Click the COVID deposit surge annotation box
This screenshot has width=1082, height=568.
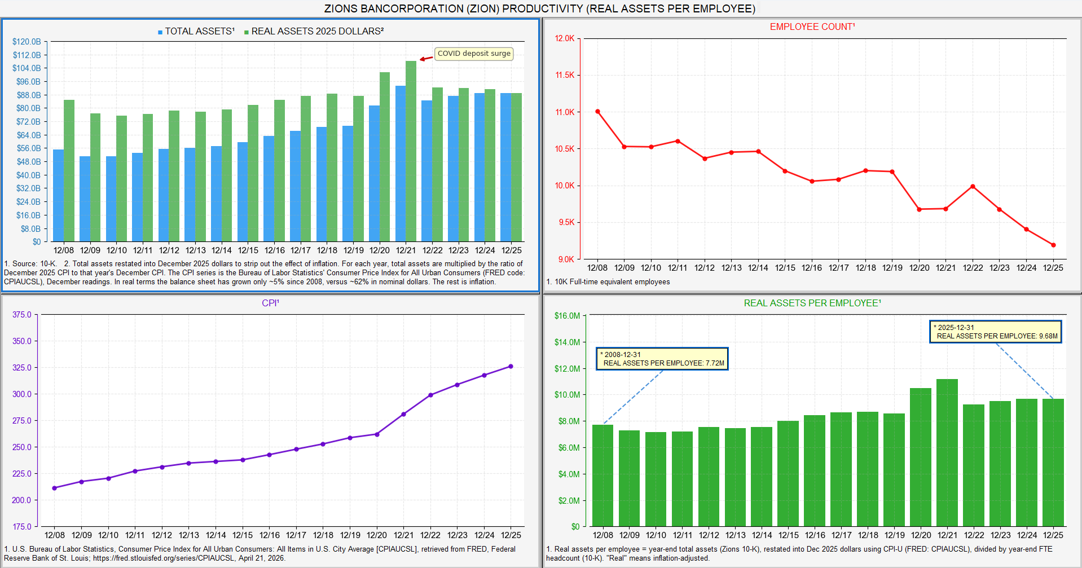pyautogui.click(x=474, y=54)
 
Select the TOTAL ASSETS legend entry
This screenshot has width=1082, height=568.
pyautogui.click(x=196, y=32)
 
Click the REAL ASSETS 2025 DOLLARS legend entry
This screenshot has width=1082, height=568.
pyautogui.click(x=314, y=32)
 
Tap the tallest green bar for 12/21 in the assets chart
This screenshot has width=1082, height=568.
pyautogui.click(x=411, y=151)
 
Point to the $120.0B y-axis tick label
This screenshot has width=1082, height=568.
pyautogui.click(x=27, y=42)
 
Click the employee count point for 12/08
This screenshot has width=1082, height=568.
pyautogui.click(x=597, y=112)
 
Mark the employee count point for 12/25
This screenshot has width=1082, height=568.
pyautogui.click(x=1053, y=245)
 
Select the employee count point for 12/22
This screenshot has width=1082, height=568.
pyautogui.click(x=973, y=186)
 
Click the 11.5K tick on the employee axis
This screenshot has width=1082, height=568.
pyautogui.click(x=565, y=75)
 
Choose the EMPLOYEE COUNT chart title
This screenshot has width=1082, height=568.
pyautogui.click(x=812, y=27)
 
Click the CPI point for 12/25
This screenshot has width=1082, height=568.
pyautogui.click(x=511, y=366)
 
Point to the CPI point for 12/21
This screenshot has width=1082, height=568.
pyautogui.click(x=403, y=414)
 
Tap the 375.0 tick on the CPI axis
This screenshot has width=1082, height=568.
pyautogui.click(x=22, y=315)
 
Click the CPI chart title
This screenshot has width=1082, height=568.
pyautogui.click(x=270, y=303)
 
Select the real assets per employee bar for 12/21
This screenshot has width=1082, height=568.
pyautogui.click(x=947, y=452)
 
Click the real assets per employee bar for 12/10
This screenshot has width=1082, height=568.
pyautogui.click(x=656, y=479)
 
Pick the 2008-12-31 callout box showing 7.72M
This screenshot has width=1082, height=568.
pyautogui.click(x=662, y=359)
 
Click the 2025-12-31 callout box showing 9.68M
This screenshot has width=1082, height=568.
pyautogui.click(x=996, y=332)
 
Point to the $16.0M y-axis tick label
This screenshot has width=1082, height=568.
pyautogui.click(x=568, y=316)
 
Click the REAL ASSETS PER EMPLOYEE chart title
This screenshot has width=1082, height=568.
pyautogui.click(x=812, y=303)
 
